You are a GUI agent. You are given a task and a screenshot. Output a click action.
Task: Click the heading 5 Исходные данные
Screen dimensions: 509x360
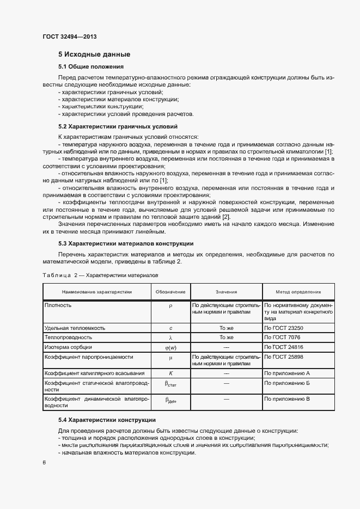(94, 54)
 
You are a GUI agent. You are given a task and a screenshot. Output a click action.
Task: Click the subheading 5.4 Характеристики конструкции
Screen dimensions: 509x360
(107, 420)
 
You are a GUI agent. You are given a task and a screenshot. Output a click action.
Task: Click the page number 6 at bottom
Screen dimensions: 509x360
(44, 463)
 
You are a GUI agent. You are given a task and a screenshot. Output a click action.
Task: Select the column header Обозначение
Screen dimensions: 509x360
(170, 292)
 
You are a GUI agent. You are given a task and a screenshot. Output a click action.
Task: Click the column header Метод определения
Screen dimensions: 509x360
(298, 292)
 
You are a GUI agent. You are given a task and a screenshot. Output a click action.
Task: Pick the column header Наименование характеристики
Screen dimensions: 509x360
(96, 292)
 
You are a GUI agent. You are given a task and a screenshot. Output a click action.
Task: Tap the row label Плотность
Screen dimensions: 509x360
(58, 305)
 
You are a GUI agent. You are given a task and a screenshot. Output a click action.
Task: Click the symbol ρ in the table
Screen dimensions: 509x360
(170, 306)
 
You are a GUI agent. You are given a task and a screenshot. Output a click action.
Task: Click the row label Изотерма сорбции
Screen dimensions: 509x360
(68, 347)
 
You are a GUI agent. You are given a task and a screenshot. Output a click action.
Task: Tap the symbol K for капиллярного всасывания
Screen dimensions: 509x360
(170, 373)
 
